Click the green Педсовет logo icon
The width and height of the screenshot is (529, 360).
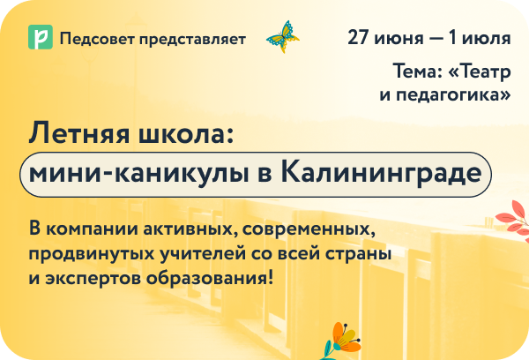[39, 38]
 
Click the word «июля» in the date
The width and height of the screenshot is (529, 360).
[488, 38]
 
